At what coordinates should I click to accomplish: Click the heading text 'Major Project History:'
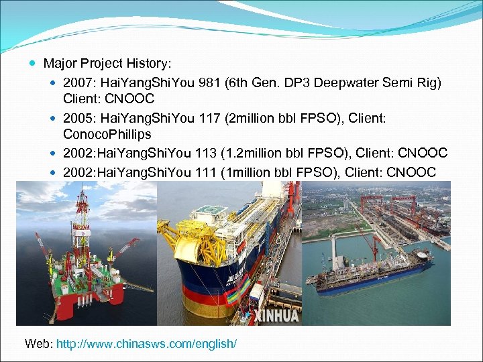tap(107, 64)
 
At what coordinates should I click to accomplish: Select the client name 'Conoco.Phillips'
tap(107, 135)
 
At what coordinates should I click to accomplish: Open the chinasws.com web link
tap(146, 344)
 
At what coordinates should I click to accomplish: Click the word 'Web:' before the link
tap(39, 344)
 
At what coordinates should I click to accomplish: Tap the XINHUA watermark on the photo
tap(272, 314)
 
